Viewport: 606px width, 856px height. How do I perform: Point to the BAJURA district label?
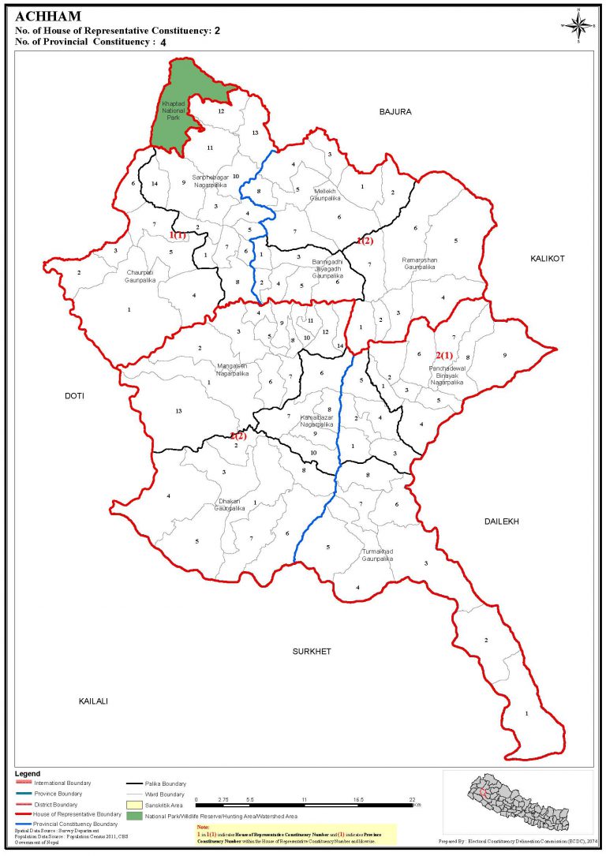coord(395,112)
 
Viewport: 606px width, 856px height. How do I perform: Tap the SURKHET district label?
coord(312,651)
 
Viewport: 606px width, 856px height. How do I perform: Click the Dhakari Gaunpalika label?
coord(230,505)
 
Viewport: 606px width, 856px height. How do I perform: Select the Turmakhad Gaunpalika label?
coord(377,555)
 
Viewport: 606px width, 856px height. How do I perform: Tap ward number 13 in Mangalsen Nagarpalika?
coord(179,411)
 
